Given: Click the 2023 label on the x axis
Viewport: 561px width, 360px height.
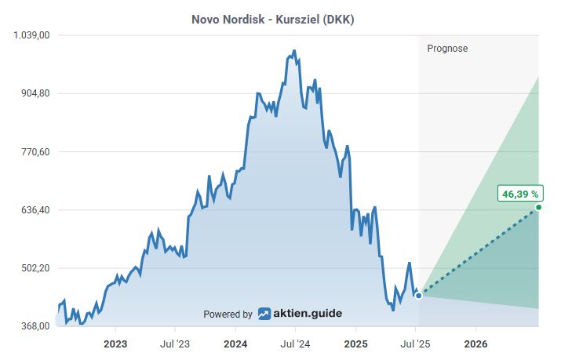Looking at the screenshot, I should pyautogui.click(x=115, y=344).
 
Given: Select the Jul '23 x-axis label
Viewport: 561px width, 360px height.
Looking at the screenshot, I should pyautogui.click(x=175, y=344).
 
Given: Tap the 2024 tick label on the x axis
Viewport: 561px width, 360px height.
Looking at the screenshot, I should pyautogui.click(x=235, y=344).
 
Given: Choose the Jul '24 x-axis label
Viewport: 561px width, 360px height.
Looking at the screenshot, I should pyautogui.click(x=295, y=344).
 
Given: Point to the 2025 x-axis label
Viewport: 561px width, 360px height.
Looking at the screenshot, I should pyautogui.click(x=356, y=344).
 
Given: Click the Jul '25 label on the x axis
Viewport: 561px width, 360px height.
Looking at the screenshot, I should pyautogui.click(x=416, y=344).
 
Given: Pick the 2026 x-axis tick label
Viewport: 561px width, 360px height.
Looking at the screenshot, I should pyautogui.click(x=476, y=344).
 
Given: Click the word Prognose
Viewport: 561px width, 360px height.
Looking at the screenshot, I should pyautogui.click(x=447, y=49).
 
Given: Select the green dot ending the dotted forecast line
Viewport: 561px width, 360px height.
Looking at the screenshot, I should pyautogui.click(x=538, y=207).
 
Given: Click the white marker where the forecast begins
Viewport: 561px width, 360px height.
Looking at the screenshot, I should pyautogui.click(x=418, y=296).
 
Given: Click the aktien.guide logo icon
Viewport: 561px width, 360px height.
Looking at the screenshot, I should pyautogui.click(x=264, y=314).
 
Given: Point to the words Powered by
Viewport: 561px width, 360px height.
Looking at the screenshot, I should pyautogui.click(x=228, y=315).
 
